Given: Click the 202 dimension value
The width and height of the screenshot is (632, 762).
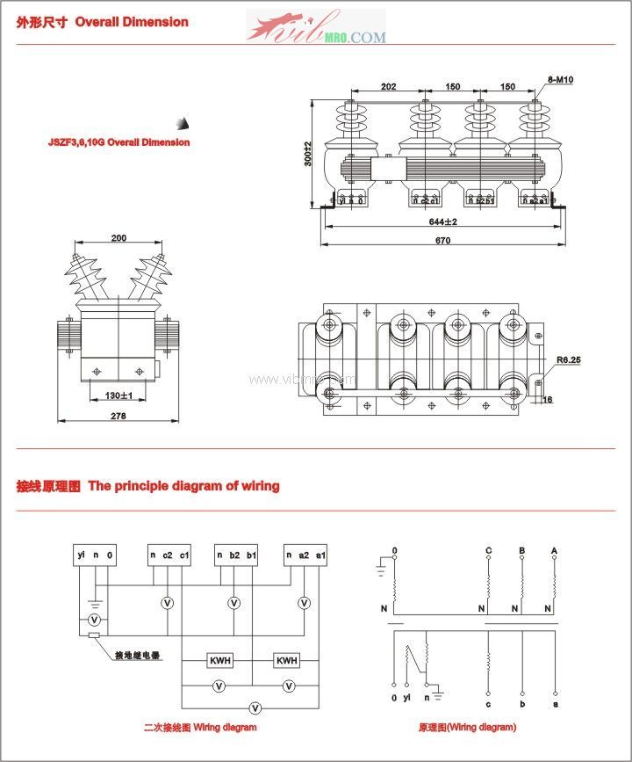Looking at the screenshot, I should (x=388, y=87).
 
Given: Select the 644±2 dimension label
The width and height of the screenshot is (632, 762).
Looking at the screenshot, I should (x=444, y=221).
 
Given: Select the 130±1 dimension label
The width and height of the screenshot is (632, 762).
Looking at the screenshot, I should (x=118, y=396).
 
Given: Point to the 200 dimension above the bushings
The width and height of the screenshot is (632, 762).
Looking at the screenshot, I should (x=118, y=238).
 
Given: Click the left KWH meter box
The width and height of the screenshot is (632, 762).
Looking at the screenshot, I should (x=219, y=660).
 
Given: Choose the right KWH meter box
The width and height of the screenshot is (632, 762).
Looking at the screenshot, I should (x=287, y=660).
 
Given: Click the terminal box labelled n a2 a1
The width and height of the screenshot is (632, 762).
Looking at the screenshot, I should (x=305, y=555).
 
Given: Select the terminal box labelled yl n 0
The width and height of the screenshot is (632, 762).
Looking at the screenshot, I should (x=96, y=555).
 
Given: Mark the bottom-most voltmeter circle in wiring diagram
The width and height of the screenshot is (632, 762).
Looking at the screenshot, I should (x=255, y=707).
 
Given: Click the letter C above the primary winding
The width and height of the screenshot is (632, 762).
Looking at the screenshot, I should (x=488, y=551).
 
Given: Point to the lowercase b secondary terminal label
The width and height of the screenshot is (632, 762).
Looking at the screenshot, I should (x=521, y=703).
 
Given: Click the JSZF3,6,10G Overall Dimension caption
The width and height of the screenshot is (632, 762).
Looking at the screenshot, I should (x=118, y=142).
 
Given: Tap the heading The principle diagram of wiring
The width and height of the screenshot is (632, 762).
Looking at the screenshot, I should (x=183, y=485).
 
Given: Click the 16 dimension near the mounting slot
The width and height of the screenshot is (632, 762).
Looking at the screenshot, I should (x=546, y=400).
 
